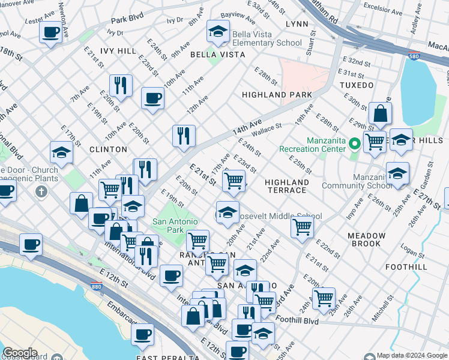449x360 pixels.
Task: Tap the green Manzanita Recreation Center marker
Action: [x=354, y=144]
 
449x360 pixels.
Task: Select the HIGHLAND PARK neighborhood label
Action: [x=277, y=95]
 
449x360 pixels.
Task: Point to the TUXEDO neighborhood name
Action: [x=358, y=85]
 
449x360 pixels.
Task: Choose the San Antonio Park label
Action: [x=175, y=226]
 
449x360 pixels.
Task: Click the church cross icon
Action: [x=41, y=192]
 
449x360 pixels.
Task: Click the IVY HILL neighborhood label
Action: [x=118, y=52]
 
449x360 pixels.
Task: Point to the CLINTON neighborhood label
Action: [x=108, y=149]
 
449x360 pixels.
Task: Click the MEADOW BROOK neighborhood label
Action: [x=367, y=240]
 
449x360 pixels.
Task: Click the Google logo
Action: [x=19, y=353]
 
